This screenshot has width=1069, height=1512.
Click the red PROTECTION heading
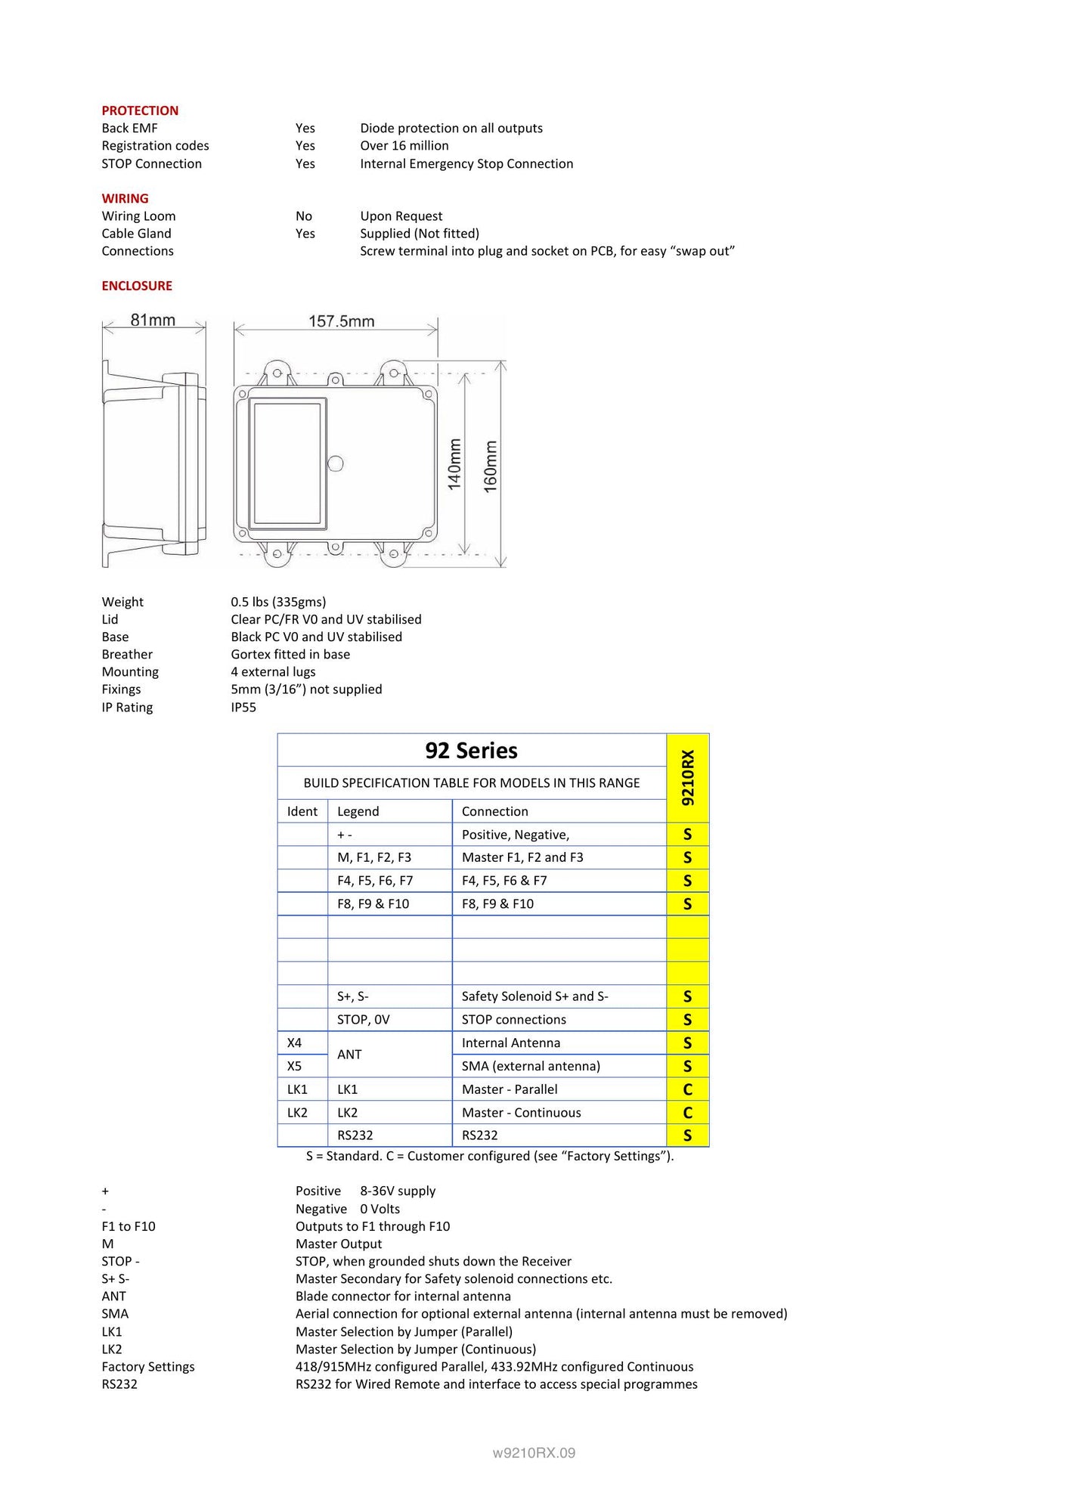coord(140,110)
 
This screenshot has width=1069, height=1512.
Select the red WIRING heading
coord(125,198)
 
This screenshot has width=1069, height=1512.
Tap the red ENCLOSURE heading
coord(137,286)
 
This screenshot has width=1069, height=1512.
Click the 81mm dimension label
coord(153,320)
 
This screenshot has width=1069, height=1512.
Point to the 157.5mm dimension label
coord(341,321)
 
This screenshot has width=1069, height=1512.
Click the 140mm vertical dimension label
coord(454,464)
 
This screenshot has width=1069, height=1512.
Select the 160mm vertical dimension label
coord(491,466)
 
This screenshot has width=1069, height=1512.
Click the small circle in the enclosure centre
coord(336,463)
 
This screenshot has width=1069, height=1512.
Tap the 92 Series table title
coord(471,751)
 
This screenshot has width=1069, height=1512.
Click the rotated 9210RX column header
coord(688,777)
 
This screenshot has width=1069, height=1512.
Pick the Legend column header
coord(358,811)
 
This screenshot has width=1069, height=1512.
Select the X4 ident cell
coord(294,1043)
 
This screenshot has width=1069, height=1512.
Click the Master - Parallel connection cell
coord(510,1089)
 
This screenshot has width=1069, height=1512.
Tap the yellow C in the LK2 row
coord(687,1113)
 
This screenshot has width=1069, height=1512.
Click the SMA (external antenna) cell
coord(531,1066)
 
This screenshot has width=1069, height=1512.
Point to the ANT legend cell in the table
coord(349,1055)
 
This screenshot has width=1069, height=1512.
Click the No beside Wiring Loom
coord(303,216)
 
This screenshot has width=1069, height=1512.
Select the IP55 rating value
coord(243,708)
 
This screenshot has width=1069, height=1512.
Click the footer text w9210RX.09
coord(534,1452)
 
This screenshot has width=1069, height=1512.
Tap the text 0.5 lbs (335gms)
coord(278,602)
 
